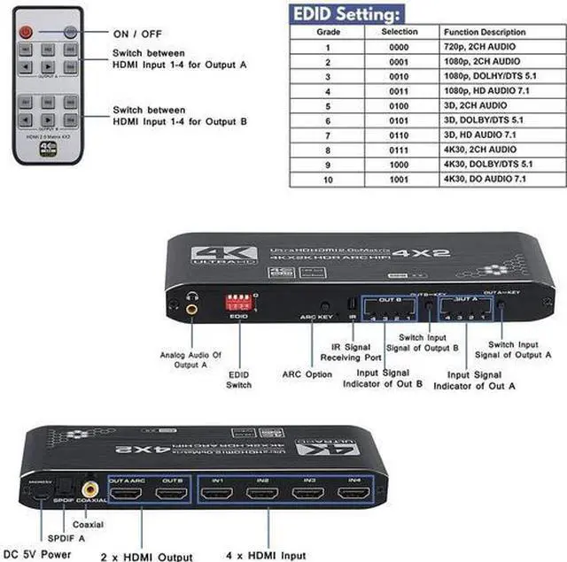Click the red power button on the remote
[x=27, y=31]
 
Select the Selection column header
[x=400, y=31]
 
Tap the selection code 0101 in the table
[x=400, y=119]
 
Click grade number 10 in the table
[x=327, y=179]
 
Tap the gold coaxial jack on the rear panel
[x=89, y=487]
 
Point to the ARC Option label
[x=307, y=374]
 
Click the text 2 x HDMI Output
[x=147, y=555]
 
